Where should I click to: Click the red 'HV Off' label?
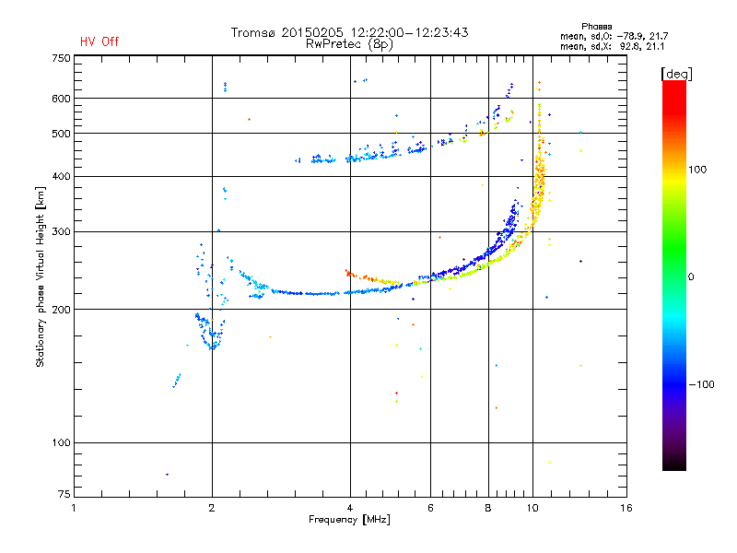click(99, 41)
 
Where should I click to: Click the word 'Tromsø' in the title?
click(252, 32)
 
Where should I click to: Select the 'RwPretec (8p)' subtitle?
click(349, 44)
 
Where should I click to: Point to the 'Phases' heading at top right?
click(596, 27)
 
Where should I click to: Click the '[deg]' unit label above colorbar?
click(676, 74)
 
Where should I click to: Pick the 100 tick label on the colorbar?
click(697, 170)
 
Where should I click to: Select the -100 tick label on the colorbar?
click(701, 384)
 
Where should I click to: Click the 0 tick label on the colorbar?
click(691, 277)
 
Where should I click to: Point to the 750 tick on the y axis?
click(61, 58)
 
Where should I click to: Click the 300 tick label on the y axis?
click(61, 231)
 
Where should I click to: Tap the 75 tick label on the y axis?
click(64, 494)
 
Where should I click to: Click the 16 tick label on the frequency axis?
click(626, 508)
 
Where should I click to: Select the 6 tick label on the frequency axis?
click(430, 508)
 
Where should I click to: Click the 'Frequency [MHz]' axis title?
click(349, 520)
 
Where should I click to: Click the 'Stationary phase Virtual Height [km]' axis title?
click(41, 276)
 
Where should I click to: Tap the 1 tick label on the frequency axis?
click(74, 508)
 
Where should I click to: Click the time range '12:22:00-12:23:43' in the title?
click(409, 32)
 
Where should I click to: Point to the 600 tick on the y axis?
click(61, 99)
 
